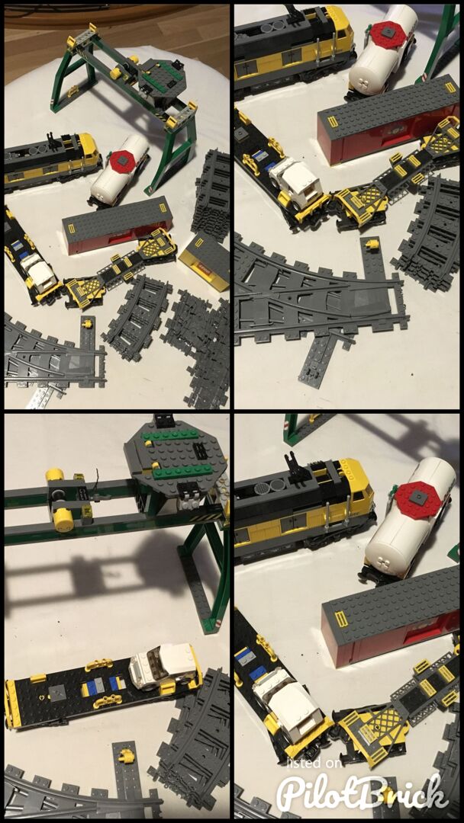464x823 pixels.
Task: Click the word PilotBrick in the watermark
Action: (x=362, y=792)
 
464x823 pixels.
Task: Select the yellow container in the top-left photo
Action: (x=205, y=262)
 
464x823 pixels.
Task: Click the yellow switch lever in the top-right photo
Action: (x=373, y=244)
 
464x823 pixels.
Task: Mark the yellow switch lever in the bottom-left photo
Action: (x=126, y=756)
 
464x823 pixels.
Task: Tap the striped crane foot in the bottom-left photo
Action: (x=214, y=626)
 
